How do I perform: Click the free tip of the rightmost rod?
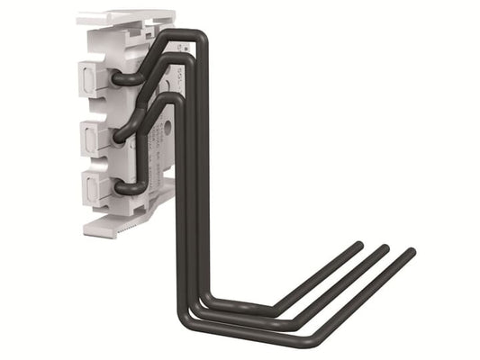(x=412, y=253)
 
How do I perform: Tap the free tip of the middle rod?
(x=385, y=248)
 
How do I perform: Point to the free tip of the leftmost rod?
(x=358, y=244)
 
